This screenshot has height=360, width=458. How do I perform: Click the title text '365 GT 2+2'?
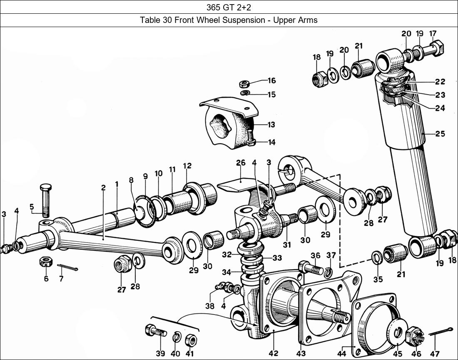click(x=229, y=7)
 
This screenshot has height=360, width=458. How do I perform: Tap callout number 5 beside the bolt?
click(x=32, y=206)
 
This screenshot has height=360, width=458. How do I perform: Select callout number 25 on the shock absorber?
click(x=440, y=134)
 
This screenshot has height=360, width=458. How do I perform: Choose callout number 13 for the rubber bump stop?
click(x=271, y=125)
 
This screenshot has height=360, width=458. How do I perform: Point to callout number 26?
click(x=241, y=163)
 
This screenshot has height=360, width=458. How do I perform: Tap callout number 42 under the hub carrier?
click(x=273, y=353)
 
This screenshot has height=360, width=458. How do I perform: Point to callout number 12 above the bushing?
click(x=187, y=166)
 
